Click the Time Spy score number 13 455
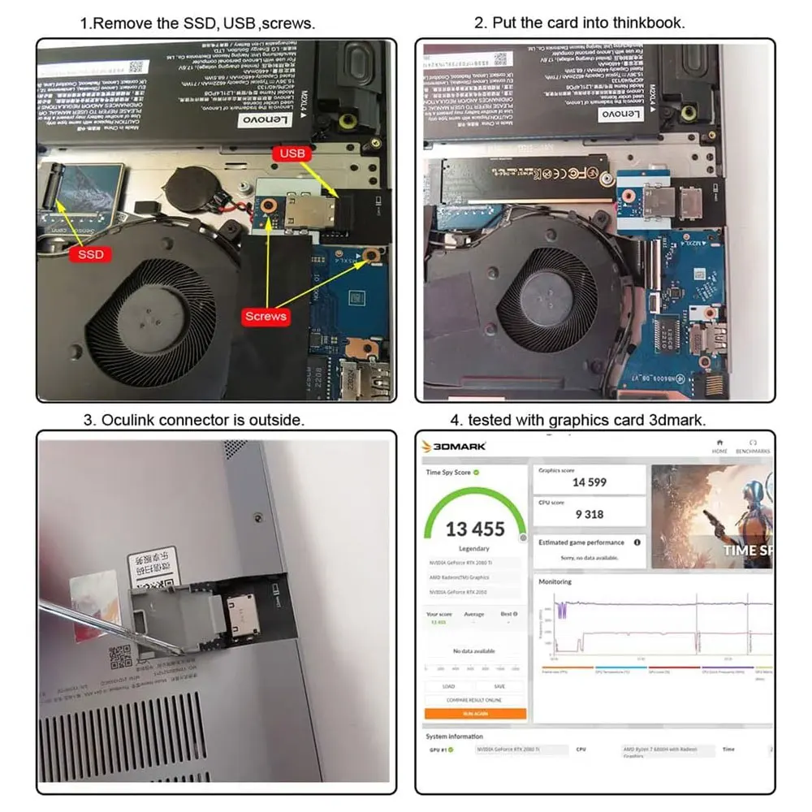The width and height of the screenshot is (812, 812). pyautogui.click(x=475, y=529)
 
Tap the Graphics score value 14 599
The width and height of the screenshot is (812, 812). pyautogui.click(x=590, y=482)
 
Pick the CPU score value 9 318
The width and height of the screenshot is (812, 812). pyautogui.click(x=590, y=514)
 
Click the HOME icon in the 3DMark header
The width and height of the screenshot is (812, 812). pyautogui.click(x=719, y=447)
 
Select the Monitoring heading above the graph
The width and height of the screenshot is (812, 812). pyautogui.click(x=555, y=581)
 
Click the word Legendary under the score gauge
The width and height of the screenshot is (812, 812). pyautogui.click(x=475, y=549)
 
